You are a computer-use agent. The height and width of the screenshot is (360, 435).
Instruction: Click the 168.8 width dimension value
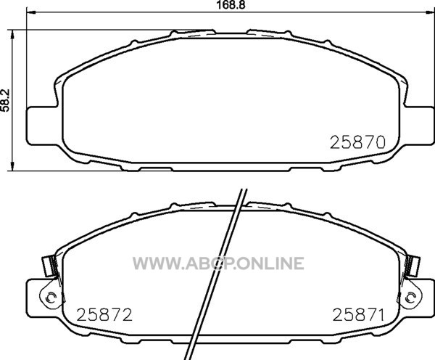pos(231,5)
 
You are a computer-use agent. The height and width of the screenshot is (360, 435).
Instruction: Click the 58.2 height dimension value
pos(5,100)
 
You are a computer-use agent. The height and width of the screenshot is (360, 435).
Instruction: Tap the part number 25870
pos(357,142)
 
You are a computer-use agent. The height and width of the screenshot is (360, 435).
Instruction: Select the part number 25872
pos(104,315)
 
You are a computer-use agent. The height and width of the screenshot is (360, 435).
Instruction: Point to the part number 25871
pos(359,315)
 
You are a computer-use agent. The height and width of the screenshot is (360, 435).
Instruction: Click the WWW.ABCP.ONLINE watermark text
pos(218,263)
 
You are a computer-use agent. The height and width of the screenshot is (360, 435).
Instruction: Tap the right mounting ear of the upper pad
pos(419,126)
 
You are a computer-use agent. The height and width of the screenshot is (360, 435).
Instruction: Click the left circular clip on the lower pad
pos(50,298)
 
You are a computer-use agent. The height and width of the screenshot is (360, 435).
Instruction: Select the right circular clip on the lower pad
pos(411,298)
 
